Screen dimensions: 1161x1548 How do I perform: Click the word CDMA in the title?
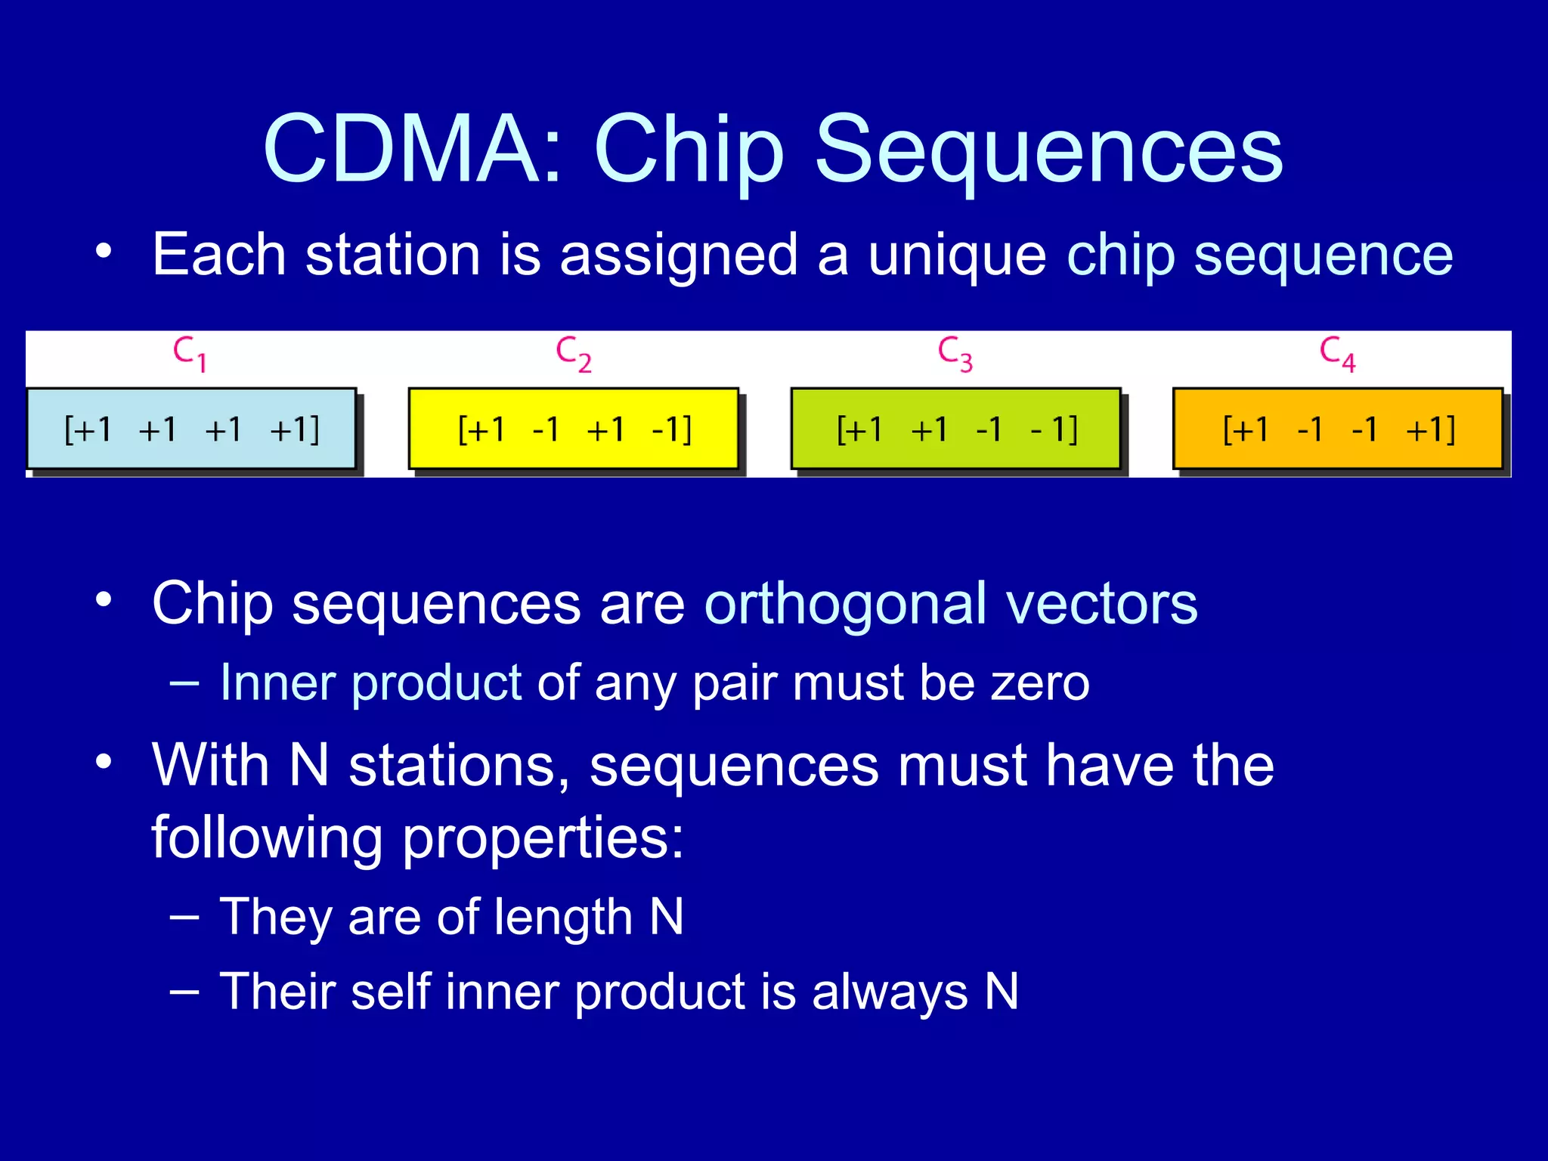(412, 148)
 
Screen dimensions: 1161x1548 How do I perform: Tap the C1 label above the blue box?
(190, 354)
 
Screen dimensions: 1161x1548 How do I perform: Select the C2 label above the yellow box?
(573, 354)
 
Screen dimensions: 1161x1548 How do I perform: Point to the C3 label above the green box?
(955, 354)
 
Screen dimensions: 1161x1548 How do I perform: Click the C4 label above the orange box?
(1337, 354)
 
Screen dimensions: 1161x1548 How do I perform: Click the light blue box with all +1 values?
(191, 429)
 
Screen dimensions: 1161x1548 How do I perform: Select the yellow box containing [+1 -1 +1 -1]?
(573, 429)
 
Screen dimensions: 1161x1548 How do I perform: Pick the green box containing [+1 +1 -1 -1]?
(955, 429)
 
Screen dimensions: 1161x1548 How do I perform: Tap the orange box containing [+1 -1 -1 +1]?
(1337, 429)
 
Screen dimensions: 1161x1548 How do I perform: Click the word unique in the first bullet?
(956, 255)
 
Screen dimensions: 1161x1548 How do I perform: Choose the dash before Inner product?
(185, 683)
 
